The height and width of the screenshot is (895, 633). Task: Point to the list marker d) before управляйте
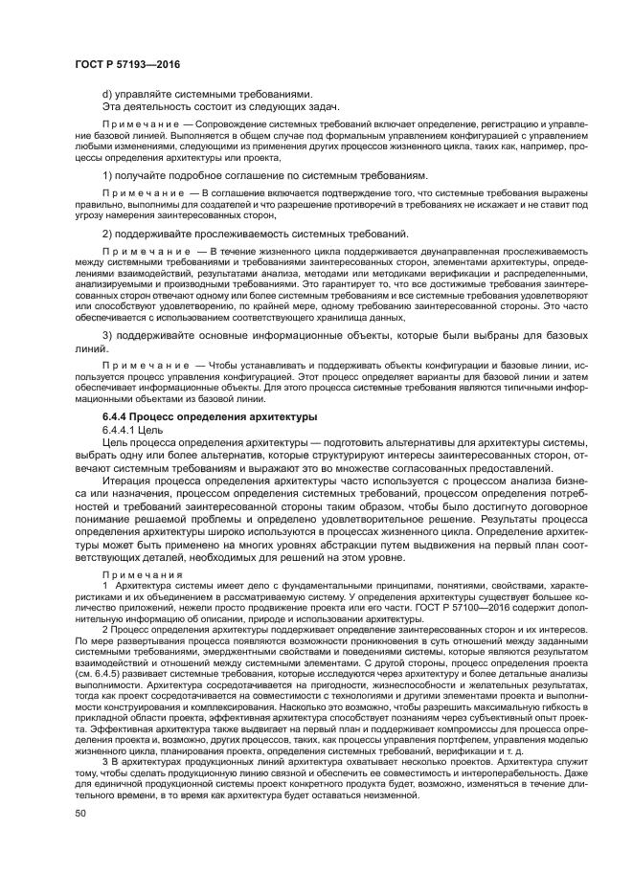[x=107, y=94]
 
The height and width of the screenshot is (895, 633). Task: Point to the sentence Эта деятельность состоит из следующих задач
[x=220, y=106]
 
